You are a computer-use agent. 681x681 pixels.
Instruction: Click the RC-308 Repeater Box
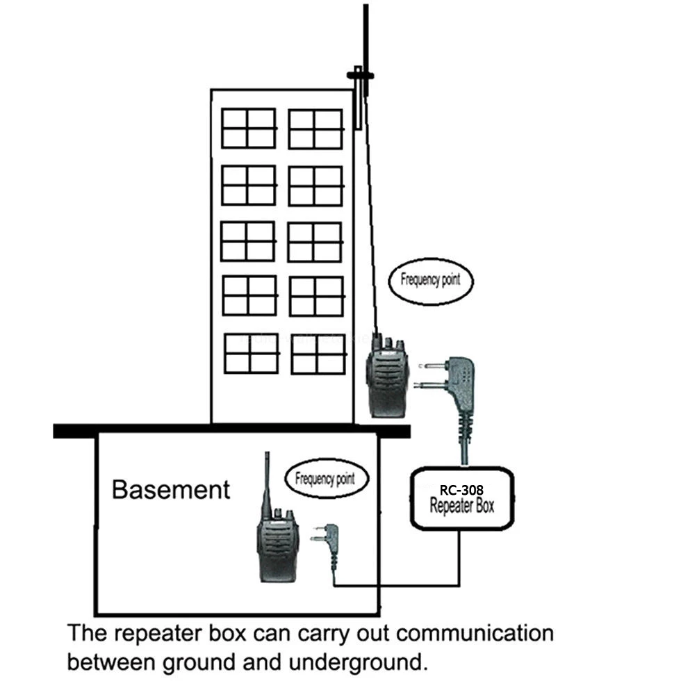tap(462, 499)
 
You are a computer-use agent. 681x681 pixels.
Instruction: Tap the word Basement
tap(170, 489)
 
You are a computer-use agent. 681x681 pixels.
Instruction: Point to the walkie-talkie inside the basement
tap(277, 543)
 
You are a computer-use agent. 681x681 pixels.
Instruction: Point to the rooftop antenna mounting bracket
tap(360, 75)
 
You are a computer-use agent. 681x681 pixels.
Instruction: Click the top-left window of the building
tap(249, 129)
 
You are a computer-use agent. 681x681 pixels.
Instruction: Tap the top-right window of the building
tap(315, 129)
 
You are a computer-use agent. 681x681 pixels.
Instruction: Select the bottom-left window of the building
tap(251, 353)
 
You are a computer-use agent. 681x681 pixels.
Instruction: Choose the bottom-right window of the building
tap(318, 354)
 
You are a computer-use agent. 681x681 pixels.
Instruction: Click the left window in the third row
tap(248, 241)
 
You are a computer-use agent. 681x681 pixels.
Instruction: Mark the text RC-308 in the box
tap(461, 489)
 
